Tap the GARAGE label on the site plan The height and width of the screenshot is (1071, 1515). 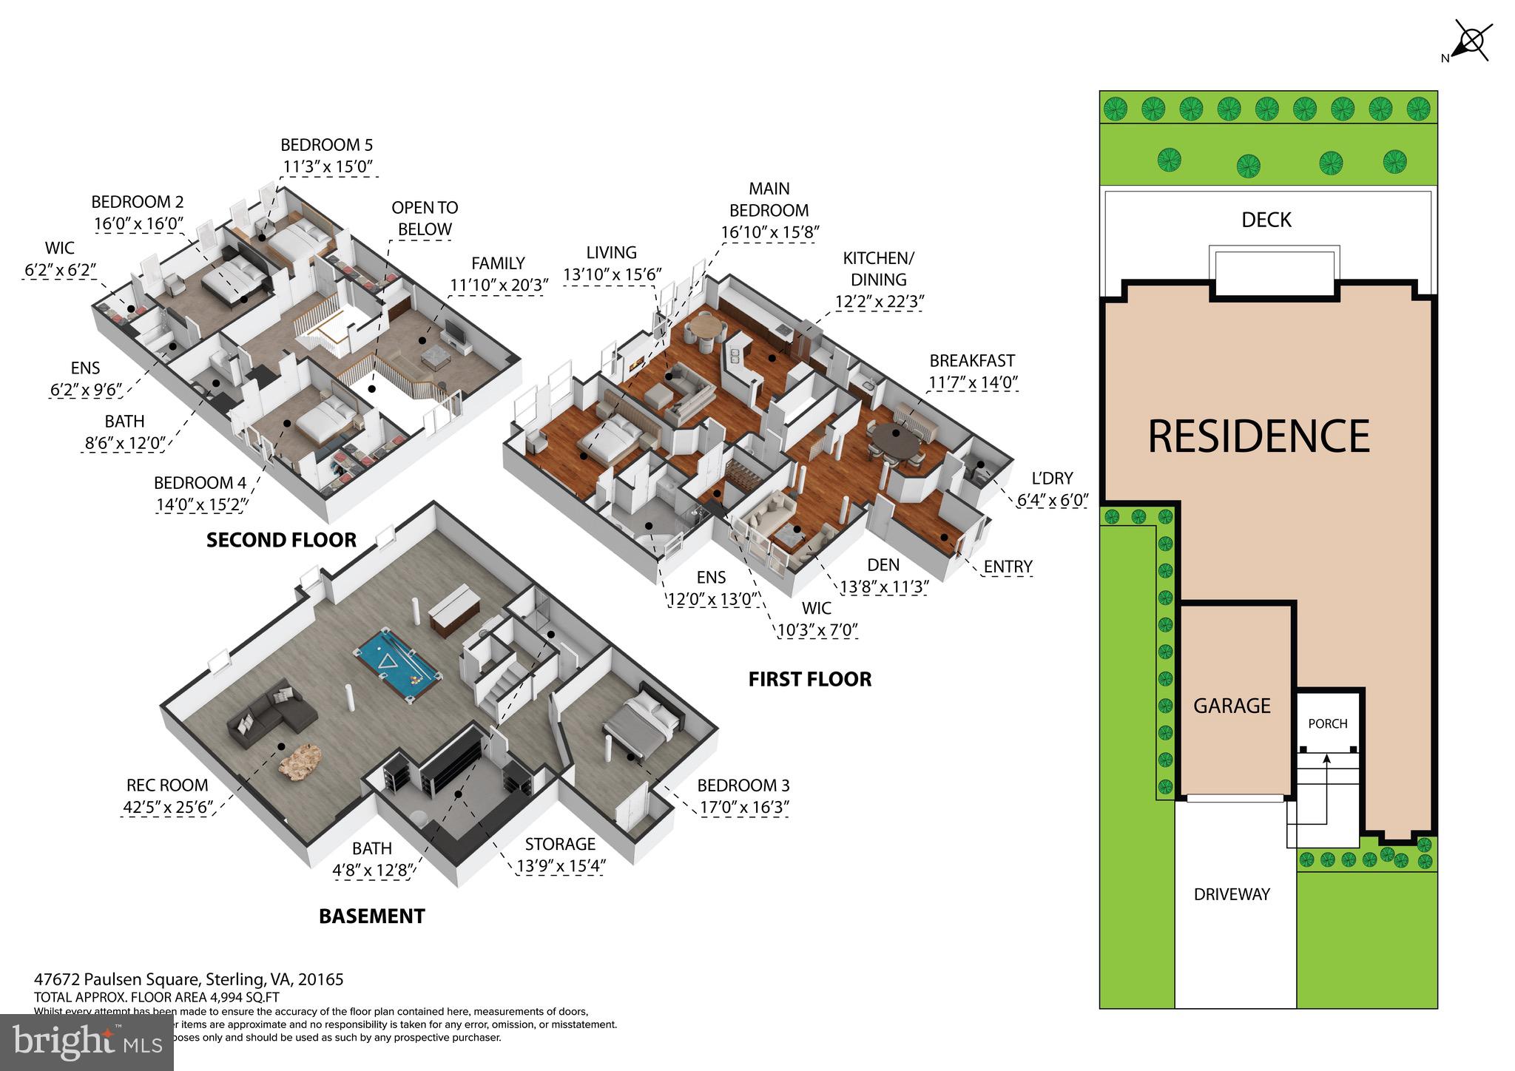click(x=1232, y=706)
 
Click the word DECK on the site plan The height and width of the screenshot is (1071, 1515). click(x=1266, y=220)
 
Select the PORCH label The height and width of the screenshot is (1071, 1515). click(x=1328, y=723)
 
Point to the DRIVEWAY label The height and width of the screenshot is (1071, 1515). click(x=1232, y=894)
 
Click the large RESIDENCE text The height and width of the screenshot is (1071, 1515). click(x=1258, y=436)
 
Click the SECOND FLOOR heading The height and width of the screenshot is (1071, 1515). click(x=281, y=540)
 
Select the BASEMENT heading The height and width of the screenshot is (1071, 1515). click(x=371, y=916)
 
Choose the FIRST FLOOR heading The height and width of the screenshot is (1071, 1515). click(x=810, y=679)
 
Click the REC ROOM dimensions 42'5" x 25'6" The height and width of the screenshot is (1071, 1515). click(x=167, y=806)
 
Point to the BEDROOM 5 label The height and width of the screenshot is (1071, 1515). click(x=326, y=145)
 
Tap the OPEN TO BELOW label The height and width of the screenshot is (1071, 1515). click(x=425, y=218)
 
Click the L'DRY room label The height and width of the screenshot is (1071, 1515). click(x=1052, y=478)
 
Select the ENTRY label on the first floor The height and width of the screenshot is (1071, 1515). click(x=1008, y=567)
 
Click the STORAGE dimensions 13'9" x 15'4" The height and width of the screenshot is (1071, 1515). click(x=560, y=866)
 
